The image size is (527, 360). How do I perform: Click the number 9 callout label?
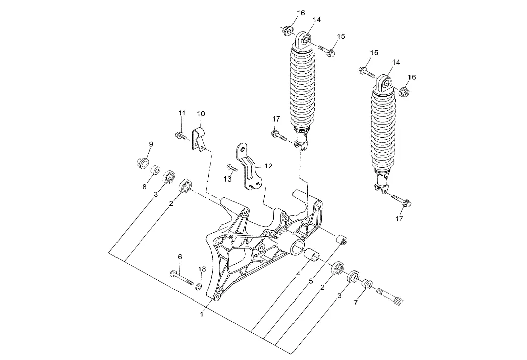151,144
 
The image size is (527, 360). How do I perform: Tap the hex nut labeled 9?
143,163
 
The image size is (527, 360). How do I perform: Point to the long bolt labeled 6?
182,277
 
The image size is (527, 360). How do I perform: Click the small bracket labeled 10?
199,139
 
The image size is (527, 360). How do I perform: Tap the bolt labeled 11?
181,136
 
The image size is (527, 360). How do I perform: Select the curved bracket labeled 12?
248,167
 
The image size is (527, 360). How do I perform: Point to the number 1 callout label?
202,314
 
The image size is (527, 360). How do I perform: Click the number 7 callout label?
356,302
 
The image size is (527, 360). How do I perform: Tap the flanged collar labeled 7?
366,284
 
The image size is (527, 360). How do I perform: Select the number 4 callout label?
298,274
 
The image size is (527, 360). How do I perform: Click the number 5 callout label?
311,281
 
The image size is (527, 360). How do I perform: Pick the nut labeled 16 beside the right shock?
404,91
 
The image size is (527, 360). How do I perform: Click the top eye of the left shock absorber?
303,40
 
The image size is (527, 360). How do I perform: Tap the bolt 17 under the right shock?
400,200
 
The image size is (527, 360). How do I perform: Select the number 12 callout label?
268,166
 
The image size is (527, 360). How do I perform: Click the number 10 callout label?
201,114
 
